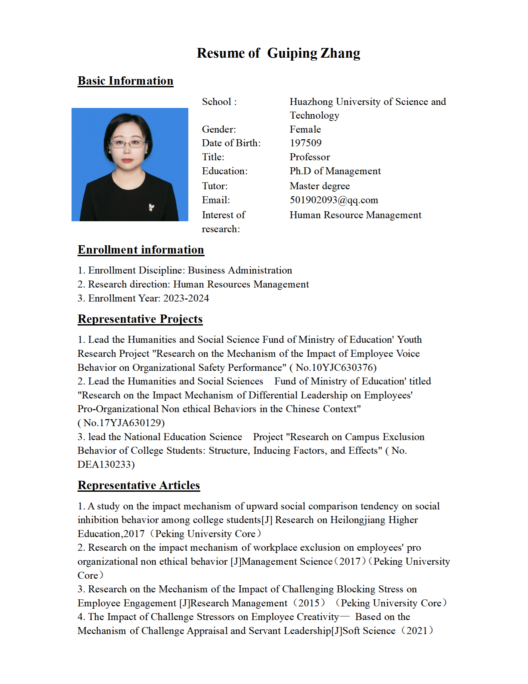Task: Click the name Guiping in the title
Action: pyautogui.click(x=292, y=53)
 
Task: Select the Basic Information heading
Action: pyautogui.click(x=126, y=81)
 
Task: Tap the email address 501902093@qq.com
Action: pyautogui.click(x=334, y=200)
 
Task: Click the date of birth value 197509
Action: pyautogui.click(x=306, y=143)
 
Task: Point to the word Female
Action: pyautogui.click(x=305, y=129)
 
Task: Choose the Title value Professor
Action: pyautogui.click(x=310, y=157)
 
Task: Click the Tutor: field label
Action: pyautogui.click(x=215, y=186)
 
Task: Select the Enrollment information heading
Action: pyautogui.click(x=141, y=250)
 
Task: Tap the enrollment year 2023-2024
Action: pyautogui.click(x=186, y=298)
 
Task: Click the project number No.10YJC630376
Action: pyautogui.click(x=336, y=367)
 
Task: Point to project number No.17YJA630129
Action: pyautogui.click(x=124, y=423)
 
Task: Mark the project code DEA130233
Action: pyautogui.click(x=106, y=464)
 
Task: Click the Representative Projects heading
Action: pyautogui.click(x=140, y=319)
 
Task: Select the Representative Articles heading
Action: pyautogui.click(x=139, y=485)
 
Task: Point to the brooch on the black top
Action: pyautogui.click(x=151, y=208)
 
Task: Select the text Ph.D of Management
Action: pyautogui.click(x=335, y=171)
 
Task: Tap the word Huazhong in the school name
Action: pyautogui.click(x=311, y=102)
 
